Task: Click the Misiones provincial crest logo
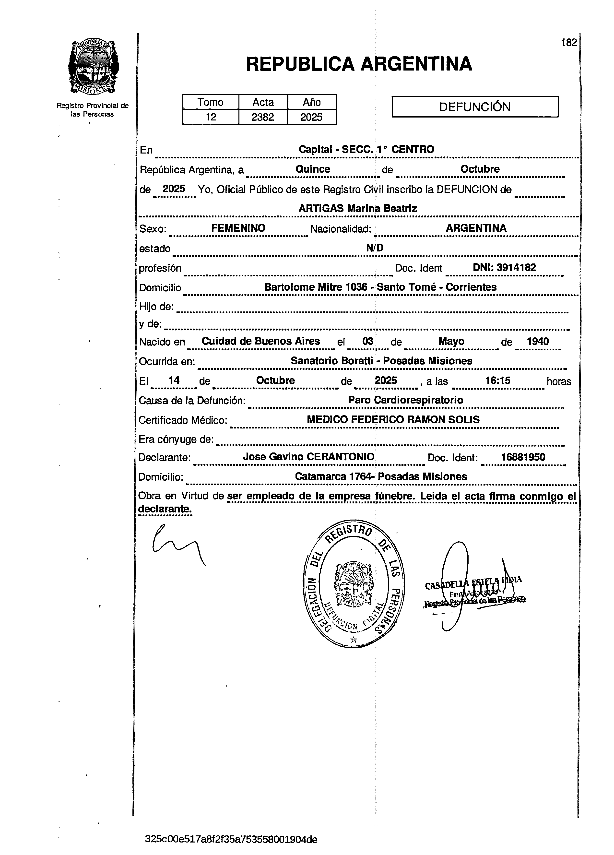[x=93, y=68]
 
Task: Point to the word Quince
[x=313, y=169]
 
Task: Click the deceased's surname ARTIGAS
[x=321, y=208]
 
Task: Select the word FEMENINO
[x=238, y=228]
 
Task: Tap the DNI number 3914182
[x=516, y=268]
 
